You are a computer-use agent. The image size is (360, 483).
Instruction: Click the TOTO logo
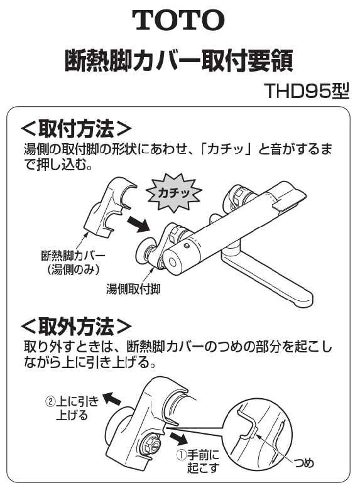click(178, 19)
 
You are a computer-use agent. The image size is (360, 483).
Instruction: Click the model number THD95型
click(307, 91)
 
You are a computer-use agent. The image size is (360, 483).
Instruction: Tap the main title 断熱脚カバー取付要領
click(178, 61)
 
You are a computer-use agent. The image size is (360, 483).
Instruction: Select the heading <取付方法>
click(76, 129)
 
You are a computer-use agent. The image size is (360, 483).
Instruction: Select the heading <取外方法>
click(76, 326)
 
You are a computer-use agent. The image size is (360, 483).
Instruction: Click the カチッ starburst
click(174, 193)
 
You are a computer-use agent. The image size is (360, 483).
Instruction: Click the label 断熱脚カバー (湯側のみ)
click(73, 263)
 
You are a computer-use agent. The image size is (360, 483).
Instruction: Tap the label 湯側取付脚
click(133, 289)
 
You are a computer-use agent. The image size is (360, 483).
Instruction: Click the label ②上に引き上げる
click(72, 408)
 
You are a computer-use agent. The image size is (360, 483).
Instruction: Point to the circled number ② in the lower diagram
click(50, 402)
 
